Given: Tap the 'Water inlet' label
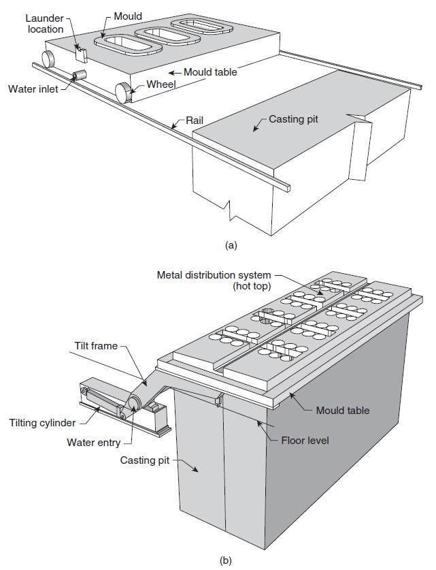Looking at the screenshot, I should pos(33,88).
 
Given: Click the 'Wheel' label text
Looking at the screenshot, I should pos(161,84).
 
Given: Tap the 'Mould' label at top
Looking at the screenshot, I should pos(128,15).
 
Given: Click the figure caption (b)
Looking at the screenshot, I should pos(226,561).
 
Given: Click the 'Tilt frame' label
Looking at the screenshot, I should pos(95,346).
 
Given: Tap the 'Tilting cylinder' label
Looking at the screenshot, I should pos(42,423).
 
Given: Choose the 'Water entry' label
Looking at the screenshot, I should pos(94,442).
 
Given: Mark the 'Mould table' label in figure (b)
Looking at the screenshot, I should pos(343,411).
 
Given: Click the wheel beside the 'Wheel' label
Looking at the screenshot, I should pos(124,91).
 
